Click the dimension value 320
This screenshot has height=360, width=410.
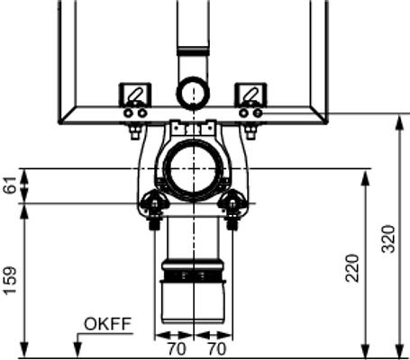pos(388,239)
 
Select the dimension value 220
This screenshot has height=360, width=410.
pos(352,268)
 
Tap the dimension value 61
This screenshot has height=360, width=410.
pos(11,185)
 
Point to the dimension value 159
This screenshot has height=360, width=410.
pos(10,280)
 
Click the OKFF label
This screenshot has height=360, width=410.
pos(107,324)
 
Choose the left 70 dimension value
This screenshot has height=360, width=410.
pos(177,349)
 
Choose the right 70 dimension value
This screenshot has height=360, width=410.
pos(217,349)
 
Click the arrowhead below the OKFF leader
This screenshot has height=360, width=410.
pos(77,350)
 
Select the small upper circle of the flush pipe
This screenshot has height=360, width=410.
pos(193,93)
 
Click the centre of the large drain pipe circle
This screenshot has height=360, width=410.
pos(194,169)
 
